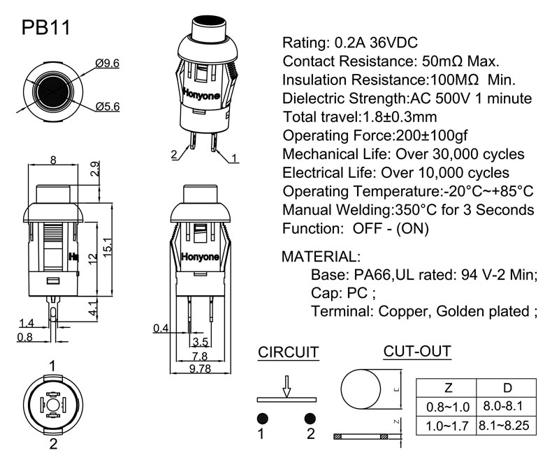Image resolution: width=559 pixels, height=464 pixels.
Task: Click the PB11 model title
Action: (x=45, y=27)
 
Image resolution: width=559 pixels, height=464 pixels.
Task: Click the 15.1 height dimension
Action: (x=108, y=247)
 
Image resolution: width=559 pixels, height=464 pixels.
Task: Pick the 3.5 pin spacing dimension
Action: (x=200, y=342)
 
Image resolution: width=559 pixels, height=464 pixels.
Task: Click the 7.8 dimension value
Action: (x=200, y=356)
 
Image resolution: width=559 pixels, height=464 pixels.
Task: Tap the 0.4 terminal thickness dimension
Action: (x=161, y=328)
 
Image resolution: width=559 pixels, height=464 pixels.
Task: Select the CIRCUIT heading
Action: (x=289, y=352)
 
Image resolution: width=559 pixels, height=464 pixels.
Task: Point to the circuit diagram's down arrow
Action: (x=285, y=386)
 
